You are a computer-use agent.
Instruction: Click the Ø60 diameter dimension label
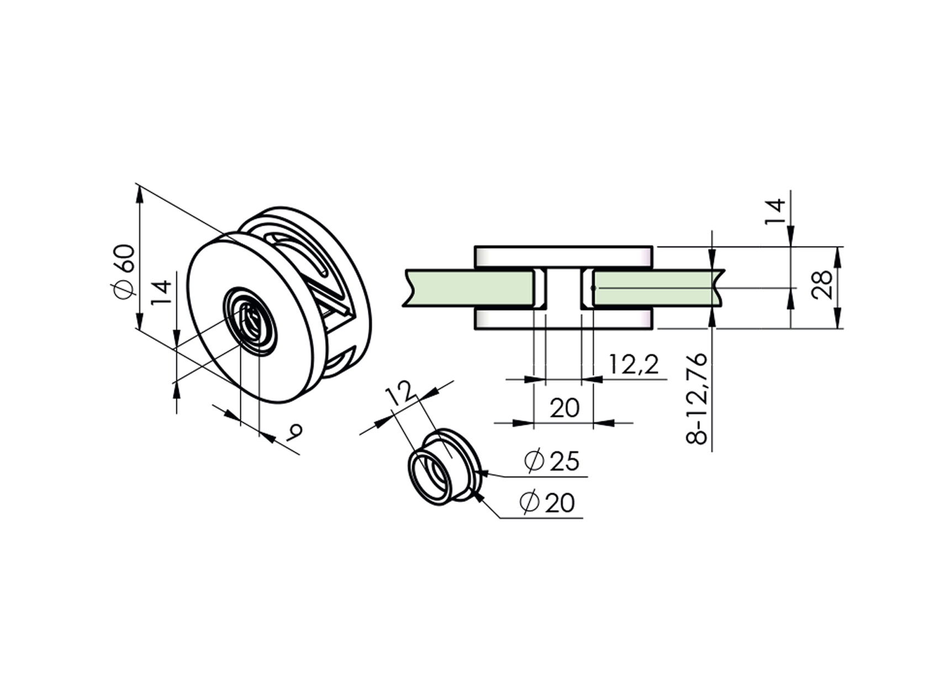[124, 271]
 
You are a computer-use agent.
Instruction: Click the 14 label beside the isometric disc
[161, 293]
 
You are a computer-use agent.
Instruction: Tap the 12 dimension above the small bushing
[401, 393]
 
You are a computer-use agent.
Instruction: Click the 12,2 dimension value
[634, 365]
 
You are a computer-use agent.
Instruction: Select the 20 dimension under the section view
[565, 408]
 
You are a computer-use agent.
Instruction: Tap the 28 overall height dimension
[823, 285]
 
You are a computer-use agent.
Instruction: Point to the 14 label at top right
[774, 211]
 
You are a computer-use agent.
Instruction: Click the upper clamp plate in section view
[563, 256]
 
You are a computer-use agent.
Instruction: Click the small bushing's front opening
[431, 476]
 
